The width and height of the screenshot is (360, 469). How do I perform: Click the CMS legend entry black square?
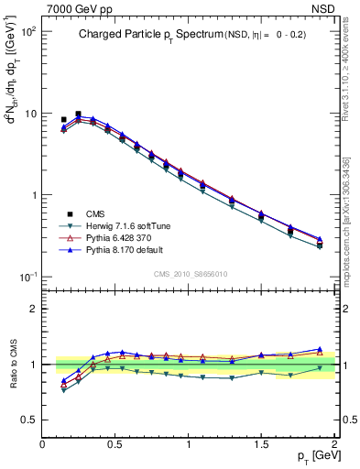[70, 213]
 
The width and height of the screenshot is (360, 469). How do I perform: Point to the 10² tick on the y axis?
[28, 31]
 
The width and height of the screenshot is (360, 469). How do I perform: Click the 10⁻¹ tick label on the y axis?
[28, 277]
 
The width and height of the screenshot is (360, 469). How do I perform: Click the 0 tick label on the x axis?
[42, 444]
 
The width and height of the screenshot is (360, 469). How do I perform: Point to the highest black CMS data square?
[78, 115]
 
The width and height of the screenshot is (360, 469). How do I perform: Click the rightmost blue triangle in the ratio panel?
[320, 349]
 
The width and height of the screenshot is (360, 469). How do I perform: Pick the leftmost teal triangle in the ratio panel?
[63, 390]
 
